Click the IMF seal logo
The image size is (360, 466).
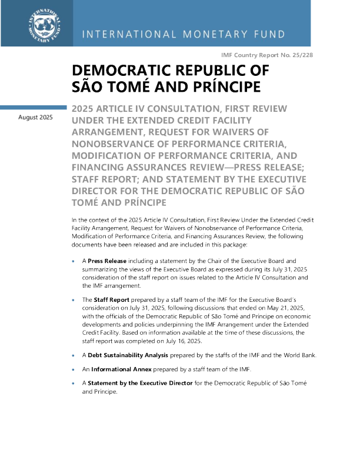coord(40,24)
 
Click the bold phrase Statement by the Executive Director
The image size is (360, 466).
coord(145,383)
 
